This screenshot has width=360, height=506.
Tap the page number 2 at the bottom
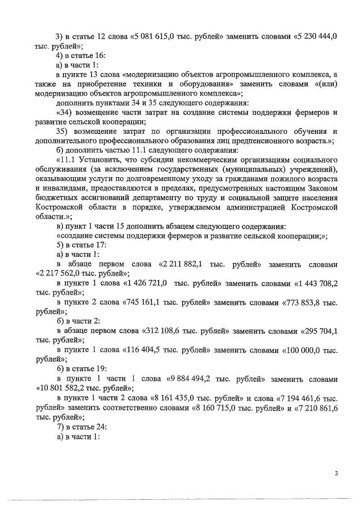(x=336, y=473)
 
